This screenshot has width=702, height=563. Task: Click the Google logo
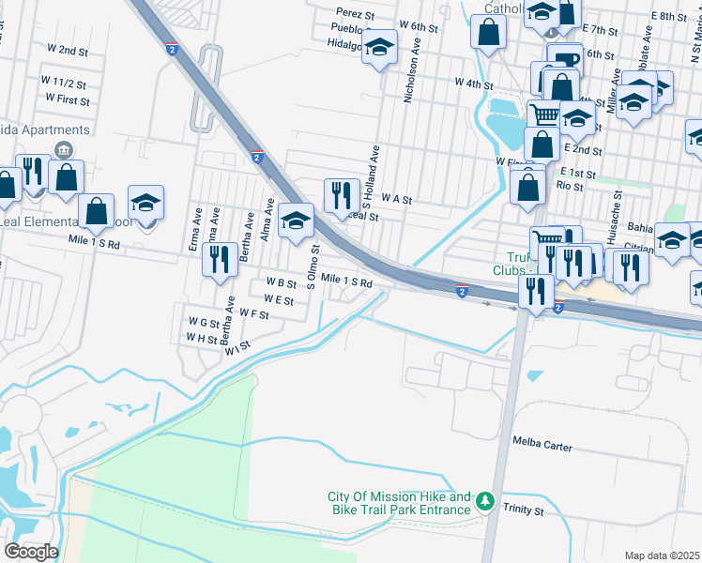click(31, 551)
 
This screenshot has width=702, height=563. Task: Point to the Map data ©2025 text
click(663, 555)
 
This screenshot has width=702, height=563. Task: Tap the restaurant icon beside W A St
click(342, 195)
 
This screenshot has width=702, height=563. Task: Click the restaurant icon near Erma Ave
click(220, 258)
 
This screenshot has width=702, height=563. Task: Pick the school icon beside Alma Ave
click(297, 221)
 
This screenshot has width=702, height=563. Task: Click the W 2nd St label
click(67, 49)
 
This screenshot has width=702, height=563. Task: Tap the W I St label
click(237, 345)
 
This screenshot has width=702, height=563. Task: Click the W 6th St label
click(418, 28)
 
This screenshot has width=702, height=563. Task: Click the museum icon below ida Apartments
click(64, 150)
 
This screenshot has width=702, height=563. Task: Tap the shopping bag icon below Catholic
click(490, 34)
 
